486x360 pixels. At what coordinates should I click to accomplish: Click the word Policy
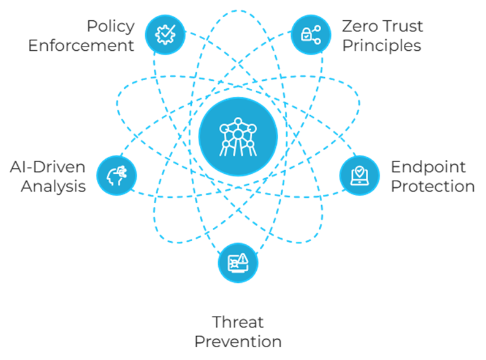click(110, 27)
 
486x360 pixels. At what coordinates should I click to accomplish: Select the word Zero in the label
click(359, 27)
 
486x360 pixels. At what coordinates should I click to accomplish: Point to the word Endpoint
click(428, 167)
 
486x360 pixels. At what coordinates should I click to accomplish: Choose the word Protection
click(433, 186)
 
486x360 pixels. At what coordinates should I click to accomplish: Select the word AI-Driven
click(47, 167)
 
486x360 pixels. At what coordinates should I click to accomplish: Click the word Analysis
click(53, 186)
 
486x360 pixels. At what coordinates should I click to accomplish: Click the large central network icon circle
click(238, 135)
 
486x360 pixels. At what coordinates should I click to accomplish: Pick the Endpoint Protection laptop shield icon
click(359, 175)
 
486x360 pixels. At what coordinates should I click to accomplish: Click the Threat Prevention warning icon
click(238, 262)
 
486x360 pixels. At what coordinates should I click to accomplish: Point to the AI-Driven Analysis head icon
click(116, 175)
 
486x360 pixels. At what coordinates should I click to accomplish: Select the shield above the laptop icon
click(359, 172)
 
